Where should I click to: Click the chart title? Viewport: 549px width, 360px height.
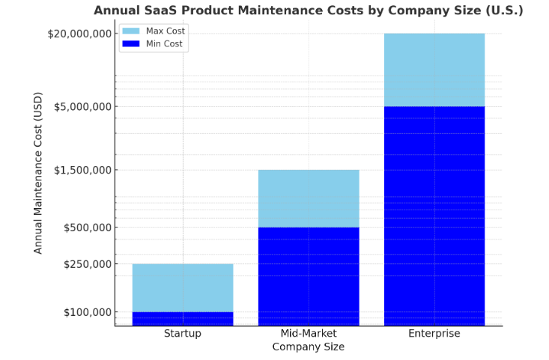(x=308, y=10)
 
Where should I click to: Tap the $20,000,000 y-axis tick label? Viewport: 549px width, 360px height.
(x=79, y=34)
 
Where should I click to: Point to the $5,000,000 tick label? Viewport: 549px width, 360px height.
(x=82, y=106)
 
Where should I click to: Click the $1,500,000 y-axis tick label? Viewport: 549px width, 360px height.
(x=82, y=170)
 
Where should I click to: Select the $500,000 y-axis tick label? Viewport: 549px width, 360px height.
(x=85, y=228)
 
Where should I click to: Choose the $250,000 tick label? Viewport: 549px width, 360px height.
(x=85, y=264)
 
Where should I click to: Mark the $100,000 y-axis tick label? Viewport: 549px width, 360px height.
(x=85, y=312)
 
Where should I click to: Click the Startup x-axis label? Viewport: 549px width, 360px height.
(x=183, y=334)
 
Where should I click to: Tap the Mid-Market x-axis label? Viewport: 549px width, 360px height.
(x=309, y=334)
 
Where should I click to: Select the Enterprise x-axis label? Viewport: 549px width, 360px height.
(x=434, y=334)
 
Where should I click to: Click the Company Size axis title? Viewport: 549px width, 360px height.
(x=309, y=347)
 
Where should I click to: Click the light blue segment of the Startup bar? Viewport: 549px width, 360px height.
(x=183, y=288)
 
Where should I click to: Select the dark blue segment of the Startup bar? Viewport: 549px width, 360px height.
(x=183, y=319)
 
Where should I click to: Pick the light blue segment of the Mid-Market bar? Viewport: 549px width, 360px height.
(x=309, y=198)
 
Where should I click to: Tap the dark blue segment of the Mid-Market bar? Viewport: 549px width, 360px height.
(x=309, y=276)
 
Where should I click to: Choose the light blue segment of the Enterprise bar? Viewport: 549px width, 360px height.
(x=434, y=70)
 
